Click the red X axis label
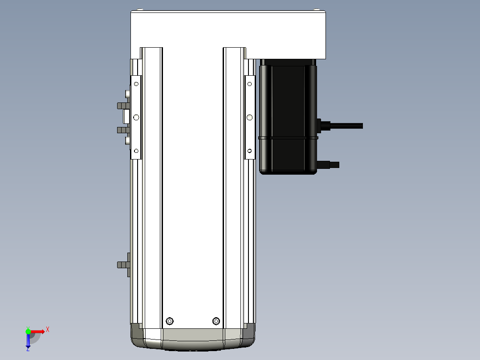point(48,330)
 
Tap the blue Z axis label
point(28,349)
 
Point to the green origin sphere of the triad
point(28,331)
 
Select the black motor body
point(288,116)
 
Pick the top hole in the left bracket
point(136,84)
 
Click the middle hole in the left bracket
point(136,117)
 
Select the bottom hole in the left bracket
point(136,151)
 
